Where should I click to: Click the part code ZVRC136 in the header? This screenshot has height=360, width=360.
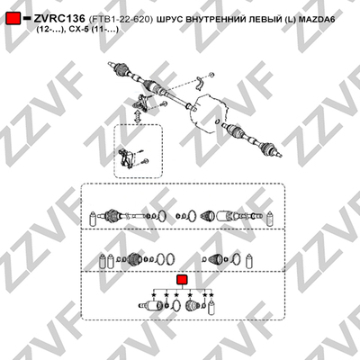pyautogui.click(x=59, y=19)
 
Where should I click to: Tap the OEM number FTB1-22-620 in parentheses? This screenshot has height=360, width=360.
pyautogui.click(x=121, y=19)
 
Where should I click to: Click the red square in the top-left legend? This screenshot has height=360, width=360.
pyautogui.click(x=13, y=18)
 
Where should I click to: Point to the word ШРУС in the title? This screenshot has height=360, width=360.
pyautogui.click(x=169, y=19)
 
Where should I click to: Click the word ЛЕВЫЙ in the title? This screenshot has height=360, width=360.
pyautogui.click(x=265, y=19)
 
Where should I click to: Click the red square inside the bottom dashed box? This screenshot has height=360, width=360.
pyautogui.click(x=183, y=280)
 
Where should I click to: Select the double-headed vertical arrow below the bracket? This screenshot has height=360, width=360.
pyautogui.click(x=138, y=117)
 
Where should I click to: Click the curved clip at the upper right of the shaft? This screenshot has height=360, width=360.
pyautogui.click(x=200, y=84)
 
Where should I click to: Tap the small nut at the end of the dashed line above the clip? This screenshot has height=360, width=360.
pyautogui.click(x=211, y=75)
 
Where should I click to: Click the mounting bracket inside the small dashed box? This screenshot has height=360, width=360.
pyautogui.click(x=125, y=158)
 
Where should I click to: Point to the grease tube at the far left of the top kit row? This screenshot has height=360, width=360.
pyautogui.click(x=93, y=219)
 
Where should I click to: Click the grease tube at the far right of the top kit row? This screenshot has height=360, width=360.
pyautogui.click(x=270, y=219)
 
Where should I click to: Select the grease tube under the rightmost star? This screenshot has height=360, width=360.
pyautogui.click(x=211, y=307)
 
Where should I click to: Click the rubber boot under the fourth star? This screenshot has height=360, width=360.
pyautogui.click(x=192, y=306)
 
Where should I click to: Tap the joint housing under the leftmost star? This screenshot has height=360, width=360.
pyautogui.click(x=150, y=306)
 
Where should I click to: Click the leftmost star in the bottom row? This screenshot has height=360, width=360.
pyautogui.click(x=154, y=295)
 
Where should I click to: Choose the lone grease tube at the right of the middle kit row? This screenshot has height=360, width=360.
pyautogui.click(x=248, y=261)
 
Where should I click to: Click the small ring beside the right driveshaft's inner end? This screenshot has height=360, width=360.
pyautogui.click(x=218, y=121)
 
